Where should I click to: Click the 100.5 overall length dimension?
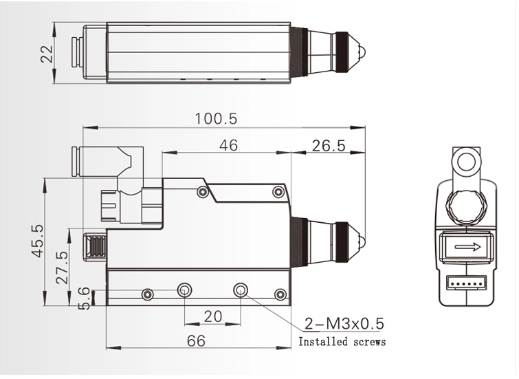[215, 118]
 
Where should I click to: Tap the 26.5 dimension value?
[328, 145]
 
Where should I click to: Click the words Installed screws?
[342, 342]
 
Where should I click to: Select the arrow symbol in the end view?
[465, 246]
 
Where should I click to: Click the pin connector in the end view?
[466, 281]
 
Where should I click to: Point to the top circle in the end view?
[466, 162]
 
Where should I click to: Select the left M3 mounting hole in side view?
[184, 290]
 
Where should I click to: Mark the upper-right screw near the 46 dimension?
[278, 191]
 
